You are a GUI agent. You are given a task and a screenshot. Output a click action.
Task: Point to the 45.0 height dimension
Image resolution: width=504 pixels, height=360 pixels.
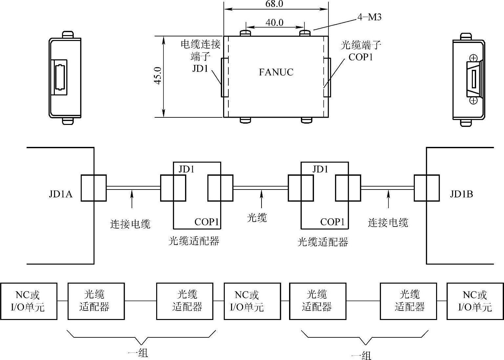[x=158, y=76]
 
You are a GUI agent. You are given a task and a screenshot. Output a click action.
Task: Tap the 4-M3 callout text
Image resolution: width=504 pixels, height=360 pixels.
[x=369, y=17]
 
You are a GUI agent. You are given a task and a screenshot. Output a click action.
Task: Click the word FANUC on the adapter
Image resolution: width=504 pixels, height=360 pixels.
[x=276, y=72]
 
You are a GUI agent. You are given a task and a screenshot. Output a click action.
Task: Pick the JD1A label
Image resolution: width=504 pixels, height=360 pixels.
[x=61, y=194]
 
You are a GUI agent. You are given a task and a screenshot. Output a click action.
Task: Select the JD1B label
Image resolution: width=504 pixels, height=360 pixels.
[x=461, y=194]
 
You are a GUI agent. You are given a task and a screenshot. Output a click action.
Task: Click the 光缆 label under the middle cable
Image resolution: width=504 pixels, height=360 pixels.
[x=257, y=218]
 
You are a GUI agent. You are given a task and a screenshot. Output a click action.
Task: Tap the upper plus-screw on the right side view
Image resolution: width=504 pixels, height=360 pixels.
[x=473, y=58]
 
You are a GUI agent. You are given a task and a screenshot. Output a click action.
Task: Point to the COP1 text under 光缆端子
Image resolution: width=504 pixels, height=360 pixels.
[x=361, y=57]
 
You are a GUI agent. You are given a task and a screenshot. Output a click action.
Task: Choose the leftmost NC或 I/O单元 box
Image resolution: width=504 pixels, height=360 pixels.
[x=29, y=301]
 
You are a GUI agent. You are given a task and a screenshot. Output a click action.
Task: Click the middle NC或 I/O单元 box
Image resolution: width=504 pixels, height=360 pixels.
[x=252, y=301]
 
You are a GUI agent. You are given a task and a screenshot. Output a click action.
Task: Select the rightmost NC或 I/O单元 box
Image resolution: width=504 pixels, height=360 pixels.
[x=475, y=301]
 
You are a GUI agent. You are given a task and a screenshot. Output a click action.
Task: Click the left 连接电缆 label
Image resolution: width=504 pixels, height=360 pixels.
[x=130, y=224]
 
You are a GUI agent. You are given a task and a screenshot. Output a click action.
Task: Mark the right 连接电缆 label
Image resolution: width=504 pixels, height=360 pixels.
[x=388, y=223]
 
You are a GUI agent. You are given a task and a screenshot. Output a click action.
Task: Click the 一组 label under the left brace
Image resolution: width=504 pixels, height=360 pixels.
[x=138, y=353]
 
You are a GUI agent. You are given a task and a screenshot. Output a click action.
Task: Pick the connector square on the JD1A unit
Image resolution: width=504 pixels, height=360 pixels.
[x=94, y=188]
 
